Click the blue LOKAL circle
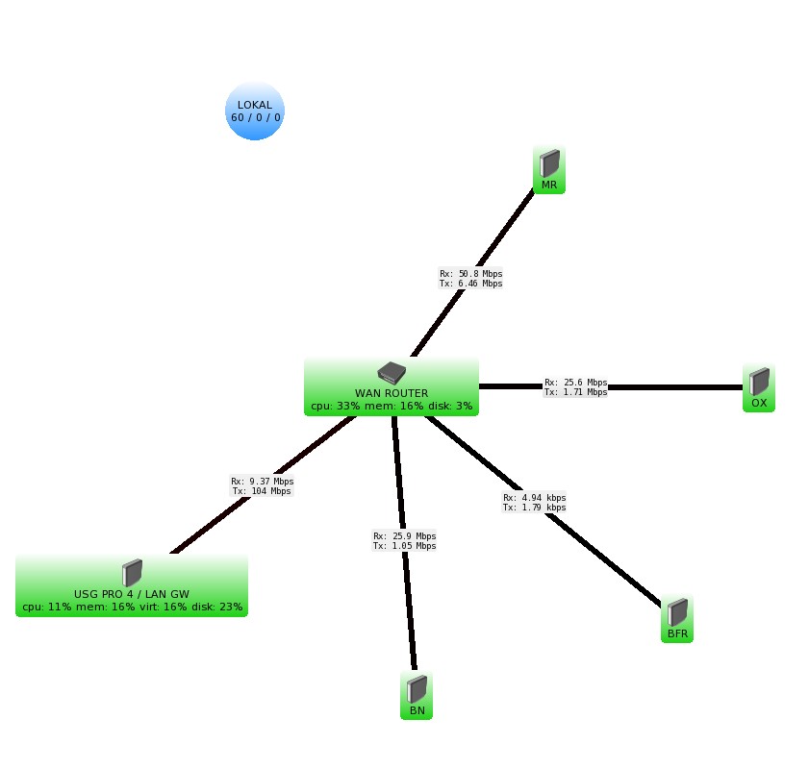[255, 111]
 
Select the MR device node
[549, 170]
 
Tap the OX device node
[759, 388]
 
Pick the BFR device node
[677, 620]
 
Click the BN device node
[417, 696]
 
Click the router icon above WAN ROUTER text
[392, 373]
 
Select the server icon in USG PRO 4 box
[132, 574]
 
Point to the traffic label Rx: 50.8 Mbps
[471, 274]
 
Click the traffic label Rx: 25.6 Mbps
[575, 383]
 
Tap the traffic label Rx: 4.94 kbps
[534, 498]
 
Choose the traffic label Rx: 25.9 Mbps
[404, 536]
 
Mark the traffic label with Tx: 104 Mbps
[262, 491]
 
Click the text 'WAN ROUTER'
[392, 393]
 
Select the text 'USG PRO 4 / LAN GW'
[132, 594]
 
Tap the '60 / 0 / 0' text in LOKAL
[256, 117]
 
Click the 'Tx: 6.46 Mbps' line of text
[471, 284]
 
